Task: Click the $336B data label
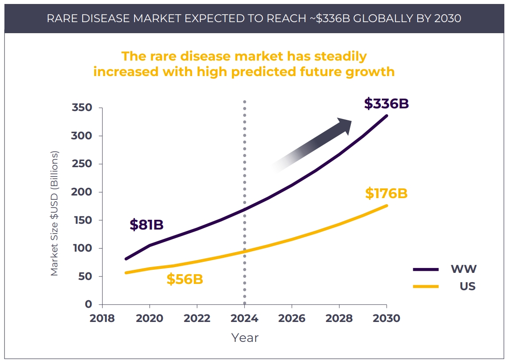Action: (386, 103)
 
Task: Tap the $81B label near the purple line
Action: (146, 225)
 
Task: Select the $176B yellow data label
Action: (386, 194)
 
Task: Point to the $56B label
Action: (184, 280)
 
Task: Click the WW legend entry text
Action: (463, 269)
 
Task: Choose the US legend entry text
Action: (467, 286)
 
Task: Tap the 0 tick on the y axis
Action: (88, 304)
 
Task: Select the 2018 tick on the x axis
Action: (102, 318)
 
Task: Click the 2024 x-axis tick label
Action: (245, 318)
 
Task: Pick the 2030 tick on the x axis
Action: (387, 318)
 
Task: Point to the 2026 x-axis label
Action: (292, 318)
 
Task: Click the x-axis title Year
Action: (245, 338)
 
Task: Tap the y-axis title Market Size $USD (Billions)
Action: (54, 213)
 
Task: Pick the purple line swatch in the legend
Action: (426, 269)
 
